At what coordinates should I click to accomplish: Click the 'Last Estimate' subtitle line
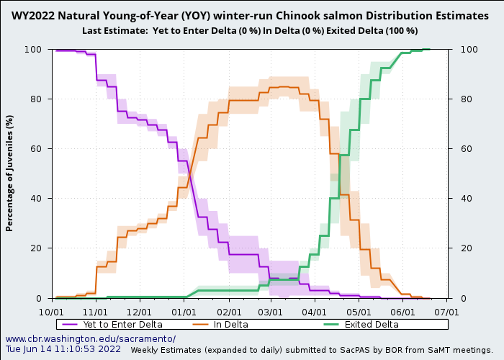249,30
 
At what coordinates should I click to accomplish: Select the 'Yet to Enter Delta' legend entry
122,325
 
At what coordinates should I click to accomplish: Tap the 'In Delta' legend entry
230,325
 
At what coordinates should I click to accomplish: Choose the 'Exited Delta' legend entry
371,325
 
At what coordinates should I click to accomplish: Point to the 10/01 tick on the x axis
52,312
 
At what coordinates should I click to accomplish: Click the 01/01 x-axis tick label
184,312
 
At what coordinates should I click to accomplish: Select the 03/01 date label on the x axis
271,312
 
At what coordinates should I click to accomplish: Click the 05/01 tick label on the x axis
359,312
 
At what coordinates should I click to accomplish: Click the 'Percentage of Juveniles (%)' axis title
10,173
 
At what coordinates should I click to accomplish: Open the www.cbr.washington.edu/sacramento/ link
90,338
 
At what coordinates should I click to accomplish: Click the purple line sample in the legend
70,325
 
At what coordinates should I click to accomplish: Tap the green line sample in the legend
330,325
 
